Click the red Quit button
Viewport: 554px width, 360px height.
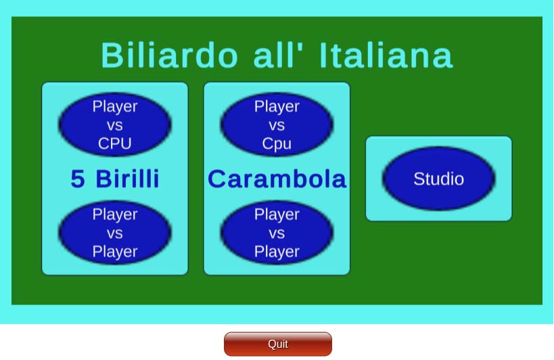pos(278,344)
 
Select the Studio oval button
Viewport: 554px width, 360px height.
pos(438,179)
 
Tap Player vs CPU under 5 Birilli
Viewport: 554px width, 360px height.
pos(115,125)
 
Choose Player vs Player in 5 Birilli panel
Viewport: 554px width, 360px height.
pos(115,233)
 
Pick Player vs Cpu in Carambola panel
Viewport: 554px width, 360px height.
pos(277,125)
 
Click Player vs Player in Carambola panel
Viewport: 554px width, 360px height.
pos(277,233)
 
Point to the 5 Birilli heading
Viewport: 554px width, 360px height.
pos(115,179)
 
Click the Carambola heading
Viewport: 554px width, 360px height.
pos(277,179)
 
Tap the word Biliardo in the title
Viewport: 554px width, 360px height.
pos(170,55)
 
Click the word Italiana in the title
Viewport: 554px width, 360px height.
pos(386,55)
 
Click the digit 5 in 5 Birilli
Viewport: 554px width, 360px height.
pos(78,179)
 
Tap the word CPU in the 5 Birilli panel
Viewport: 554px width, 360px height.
pos(115,143)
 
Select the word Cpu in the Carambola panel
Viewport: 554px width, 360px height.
pos(277,144)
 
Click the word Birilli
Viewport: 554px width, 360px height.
pos(128,179)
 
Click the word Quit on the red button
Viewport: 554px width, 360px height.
pos(278,344)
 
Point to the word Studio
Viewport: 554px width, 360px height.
pos(438,179)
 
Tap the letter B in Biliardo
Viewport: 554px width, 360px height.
pos(112,55)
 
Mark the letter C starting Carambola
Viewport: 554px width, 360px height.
pos(217,179)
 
